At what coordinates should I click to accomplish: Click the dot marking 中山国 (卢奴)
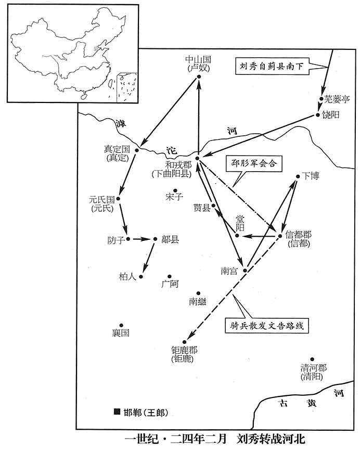coord(198,77)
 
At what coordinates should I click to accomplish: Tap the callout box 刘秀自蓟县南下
coord(272,67)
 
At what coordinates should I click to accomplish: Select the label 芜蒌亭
coord(337,99)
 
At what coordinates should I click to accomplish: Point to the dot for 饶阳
coord(317,115)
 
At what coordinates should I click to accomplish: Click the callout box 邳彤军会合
coord(254,163)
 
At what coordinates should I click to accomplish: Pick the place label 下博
coord(311,176)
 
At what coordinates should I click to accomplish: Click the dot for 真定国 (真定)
coord(137,150)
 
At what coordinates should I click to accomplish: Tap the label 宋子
coord(174,197)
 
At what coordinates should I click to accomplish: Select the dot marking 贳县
coord(214,205)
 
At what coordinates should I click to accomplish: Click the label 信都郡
coord(299,235)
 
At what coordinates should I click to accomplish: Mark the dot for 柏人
coord(141,277)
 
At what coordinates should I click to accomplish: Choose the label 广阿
coord(170,284)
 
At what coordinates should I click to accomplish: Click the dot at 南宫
coord(245,271)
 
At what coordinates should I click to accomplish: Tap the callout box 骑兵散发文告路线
coord(267,326)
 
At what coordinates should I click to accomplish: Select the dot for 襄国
coord(121,325)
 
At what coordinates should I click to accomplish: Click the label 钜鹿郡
coord(184,350)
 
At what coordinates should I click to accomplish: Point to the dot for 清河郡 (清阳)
coord(312,359)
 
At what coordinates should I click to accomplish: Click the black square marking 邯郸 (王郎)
coord(117,412)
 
